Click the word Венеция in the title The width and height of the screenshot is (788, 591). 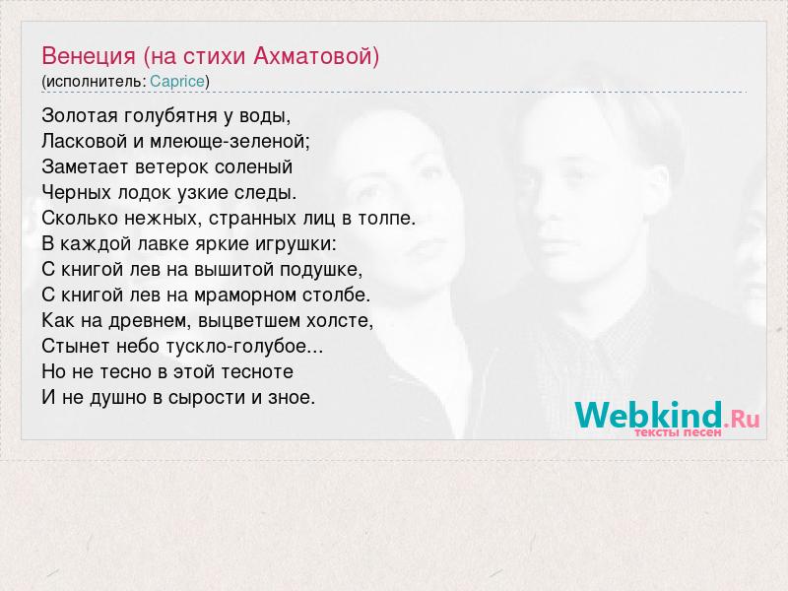(x=89, y=56)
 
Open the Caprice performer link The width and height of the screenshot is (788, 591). (x=177, y=82)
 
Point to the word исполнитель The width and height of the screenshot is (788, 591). (x=94, y=82)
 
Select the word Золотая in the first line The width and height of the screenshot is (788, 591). (x=80, y=115)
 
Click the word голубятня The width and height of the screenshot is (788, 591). (x=171, y=116)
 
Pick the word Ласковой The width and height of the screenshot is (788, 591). (x=85, y=141)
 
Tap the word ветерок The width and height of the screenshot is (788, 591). (x=171, y=166)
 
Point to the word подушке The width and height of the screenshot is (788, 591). (x=321, y=270)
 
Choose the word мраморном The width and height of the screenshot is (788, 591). (x=245, y=295)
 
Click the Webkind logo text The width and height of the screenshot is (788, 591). (x=649, y=415)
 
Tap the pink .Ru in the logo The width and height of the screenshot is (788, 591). (x=743, y=418)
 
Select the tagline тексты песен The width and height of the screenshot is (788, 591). (x=678, y=431)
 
